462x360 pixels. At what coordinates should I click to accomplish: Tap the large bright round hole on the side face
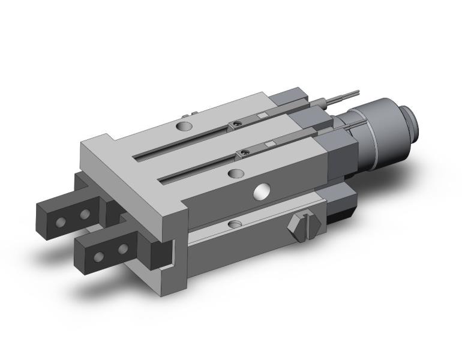coord(261,192)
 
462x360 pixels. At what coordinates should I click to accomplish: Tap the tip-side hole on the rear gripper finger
coord(60,221)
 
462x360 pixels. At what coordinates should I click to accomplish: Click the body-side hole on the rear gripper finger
coord(86,214)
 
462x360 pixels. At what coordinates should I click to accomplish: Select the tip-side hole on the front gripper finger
coord(98,257)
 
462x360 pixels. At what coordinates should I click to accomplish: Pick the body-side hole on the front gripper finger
coord(123,248)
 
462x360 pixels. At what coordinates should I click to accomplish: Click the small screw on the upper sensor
coord(238,124)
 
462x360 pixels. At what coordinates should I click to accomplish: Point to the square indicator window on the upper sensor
coord(261,116)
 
